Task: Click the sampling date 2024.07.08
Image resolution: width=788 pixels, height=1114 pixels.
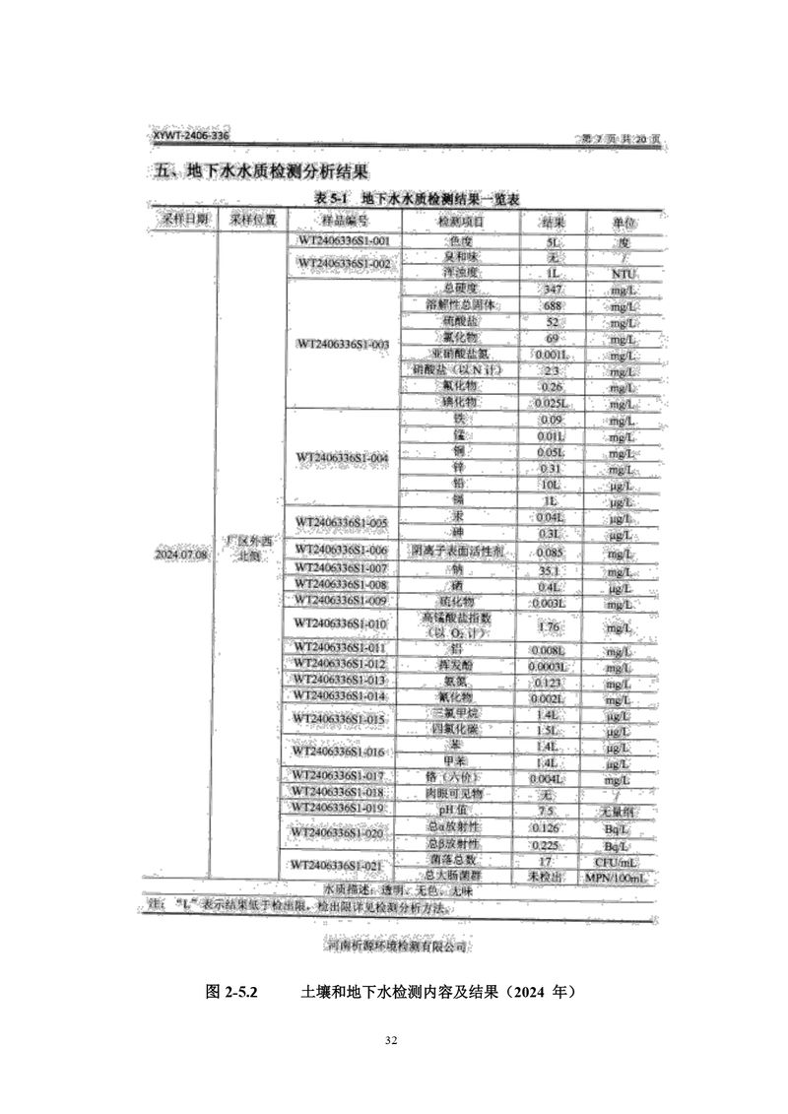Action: point(181,555)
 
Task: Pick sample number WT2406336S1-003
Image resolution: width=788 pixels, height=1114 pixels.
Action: point(342,344)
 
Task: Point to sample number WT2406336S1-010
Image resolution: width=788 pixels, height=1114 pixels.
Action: point(342,624)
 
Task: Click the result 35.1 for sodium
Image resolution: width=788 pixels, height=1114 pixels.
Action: point(551,569)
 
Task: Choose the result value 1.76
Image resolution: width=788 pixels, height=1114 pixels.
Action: point(551,625)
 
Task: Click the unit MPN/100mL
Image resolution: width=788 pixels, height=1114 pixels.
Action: point(620,875)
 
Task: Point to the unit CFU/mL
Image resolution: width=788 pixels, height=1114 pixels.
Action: point(619,859)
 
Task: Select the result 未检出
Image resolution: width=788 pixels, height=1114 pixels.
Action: point(551,875)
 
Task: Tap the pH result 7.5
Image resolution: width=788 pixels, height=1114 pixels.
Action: point(551,810)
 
